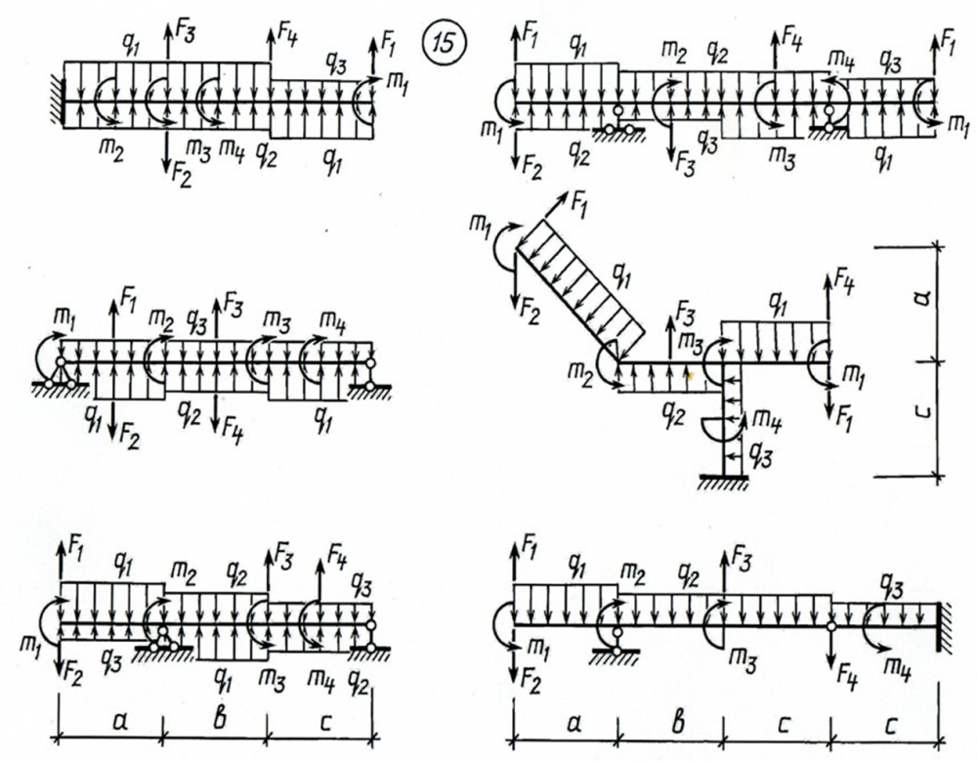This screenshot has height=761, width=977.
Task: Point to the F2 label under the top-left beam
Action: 182,176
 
